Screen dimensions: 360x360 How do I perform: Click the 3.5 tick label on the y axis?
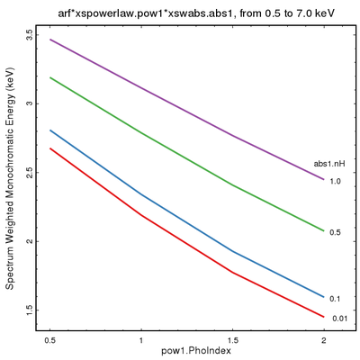click(29, 35)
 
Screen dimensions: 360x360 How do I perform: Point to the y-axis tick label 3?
click(29, 103)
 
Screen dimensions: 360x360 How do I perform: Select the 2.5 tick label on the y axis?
click(29, 173)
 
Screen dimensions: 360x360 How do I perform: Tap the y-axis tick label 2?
click(29, 241)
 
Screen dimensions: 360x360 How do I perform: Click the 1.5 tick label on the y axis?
click(29, 310)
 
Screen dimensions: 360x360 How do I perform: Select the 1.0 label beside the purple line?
click(335, 181)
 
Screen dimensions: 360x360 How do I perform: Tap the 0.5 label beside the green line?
click(335, 232)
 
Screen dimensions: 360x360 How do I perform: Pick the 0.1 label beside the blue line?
click(335, 298)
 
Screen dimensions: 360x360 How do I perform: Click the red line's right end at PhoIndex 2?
click(324, 317)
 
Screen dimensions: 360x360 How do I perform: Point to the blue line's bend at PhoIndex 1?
click(141, 194)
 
